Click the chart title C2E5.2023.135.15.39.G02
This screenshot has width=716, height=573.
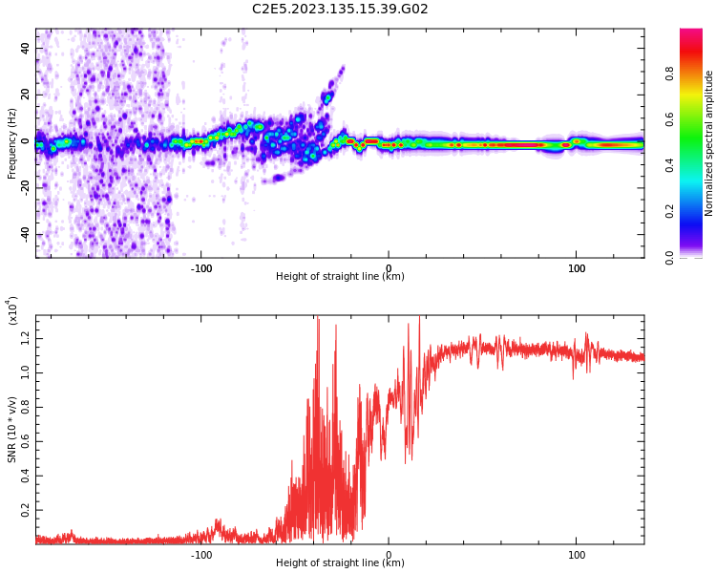pos(340,10)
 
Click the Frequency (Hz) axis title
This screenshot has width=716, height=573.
pos(12,143)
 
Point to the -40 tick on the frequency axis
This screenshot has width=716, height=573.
pos(26,235)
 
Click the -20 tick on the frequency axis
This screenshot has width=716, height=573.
pos(26,188)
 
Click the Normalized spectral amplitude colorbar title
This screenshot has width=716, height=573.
pos(709,143)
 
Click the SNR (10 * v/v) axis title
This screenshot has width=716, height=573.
pos(12,430)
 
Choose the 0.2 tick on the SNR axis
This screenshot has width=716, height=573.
pos(27,512)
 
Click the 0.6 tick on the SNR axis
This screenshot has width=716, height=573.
pos(27,442)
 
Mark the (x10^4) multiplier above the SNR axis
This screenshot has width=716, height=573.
pos(12,311)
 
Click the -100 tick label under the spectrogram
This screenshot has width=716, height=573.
pos(200,268)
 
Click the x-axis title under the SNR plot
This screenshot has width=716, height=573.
pos(340,563)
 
